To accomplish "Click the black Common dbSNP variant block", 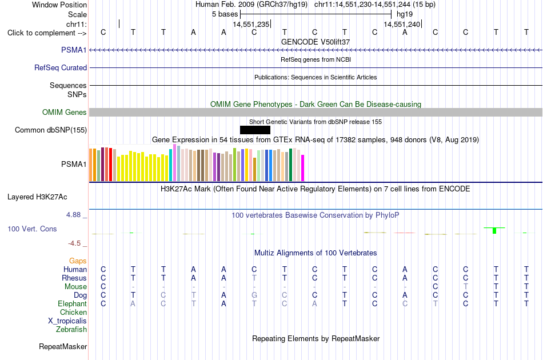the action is tap(255, 130).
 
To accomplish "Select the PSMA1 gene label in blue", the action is tap(74, 50).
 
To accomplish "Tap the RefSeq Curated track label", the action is tap(61, 67).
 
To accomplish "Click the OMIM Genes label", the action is tap(65, 112).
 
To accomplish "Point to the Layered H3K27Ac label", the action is tap(37, 197).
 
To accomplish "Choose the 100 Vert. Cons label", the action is tap(32, 229).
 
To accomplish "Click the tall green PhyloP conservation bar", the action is tap(494, 230).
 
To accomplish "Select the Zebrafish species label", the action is tap(71, 330).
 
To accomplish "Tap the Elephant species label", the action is tap(73, 303).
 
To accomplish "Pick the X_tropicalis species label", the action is tap(67, 321).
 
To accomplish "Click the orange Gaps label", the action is tap(78, 261).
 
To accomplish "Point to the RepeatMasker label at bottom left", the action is tap(63, 346).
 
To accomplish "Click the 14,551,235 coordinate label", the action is tap(251, 24).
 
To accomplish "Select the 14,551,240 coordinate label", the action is tap(402, 24).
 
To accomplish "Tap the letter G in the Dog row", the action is tap(254, 295).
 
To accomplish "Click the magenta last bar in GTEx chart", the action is tap(303, 168).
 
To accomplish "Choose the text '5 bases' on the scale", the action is tap(225, 14).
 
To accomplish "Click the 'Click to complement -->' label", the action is tap(47, 33).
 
